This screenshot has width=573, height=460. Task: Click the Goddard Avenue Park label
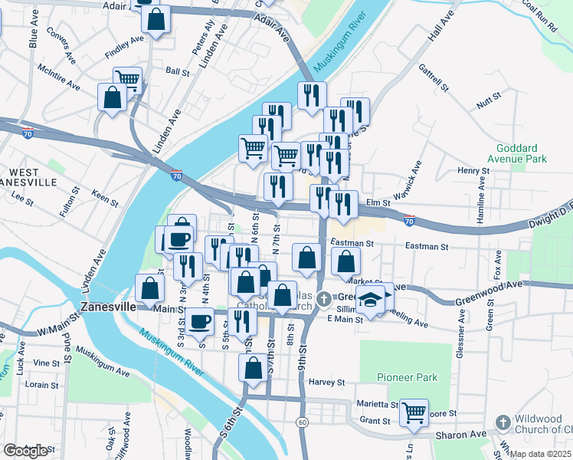[521, 153]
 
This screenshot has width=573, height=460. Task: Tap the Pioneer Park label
[407, 378]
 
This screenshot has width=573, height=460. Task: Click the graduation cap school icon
[371, 300]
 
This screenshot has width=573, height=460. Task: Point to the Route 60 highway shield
[303, 422]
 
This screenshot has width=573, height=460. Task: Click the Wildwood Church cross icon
[503, 422]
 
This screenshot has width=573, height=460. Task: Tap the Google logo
[25, 451]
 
